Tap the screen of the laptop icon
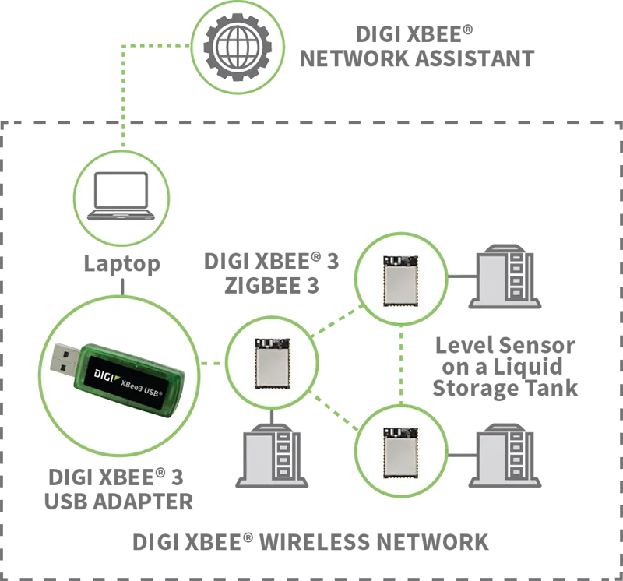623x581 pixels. point(120,191)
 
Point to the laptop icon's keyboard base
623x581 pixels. point(120,215)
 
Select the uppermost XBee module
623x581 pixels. point(401,278)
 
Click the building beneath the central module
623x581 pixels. point(272,455)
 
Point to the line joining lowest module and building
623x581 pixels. point(459,452)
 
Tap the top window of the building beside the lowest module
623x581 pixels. point(515,441)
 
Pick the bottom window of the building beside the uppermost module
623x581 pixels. point(515,293)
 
